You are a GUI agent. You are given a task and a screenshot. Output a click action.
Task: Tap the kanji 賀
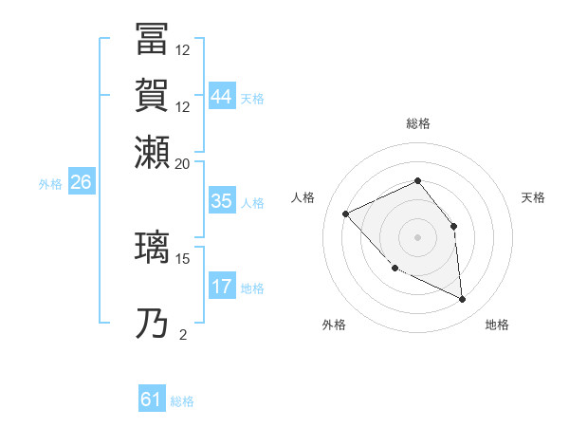[x=153, y=94]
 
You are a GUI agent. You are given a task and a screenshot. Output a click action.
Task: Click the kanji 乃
[x=153, y=324]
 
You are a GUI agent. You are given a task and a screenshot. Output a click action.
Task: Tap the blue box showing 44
[x=221, y=98]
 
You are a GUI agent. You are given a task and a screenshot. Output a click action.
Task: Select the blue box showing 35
[x=221, y=202]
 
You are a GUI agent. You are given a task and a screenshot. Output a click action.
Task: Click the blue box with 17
[x=221, y=287]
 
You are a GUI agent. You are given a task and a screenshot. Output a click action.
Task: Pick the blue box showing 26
[x=81, y=183]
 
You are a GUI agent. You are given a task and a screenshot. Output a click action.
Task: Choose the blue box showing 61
[x=152, y=400]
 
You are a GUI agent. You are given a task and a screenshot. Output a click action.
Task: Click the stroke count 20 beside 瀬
[x=183, y=162]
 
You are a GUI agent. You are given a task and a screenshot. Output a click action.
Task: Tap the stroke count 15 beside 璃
[x=183, y=258]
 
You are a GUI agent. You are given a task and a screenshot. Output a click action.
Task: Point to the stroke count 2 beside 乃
[x=182, y=334]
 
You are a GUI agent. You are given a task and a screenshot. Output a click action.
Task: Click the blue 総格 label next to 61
[x=182, y=401]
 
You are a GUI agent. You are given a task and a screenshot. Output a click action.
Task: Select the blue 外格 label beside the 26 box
[x=50, y=184]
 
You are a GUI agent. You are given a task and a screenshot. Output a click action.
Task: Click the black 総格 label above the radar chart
[x=417, y=123]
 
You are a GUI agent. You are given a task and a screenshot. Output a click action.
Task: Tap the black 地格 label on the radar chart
[x=497, y=325]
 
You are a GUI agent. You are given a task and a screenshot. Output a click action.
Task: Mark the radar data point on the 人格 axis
[x=346, y=214]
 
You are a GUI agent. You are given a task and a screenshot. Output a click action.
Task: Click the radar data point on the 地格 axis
[x=462, y=300]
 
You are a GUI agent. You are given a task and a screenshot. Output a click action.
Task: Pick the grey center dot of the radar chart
[x=417, y=236]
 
